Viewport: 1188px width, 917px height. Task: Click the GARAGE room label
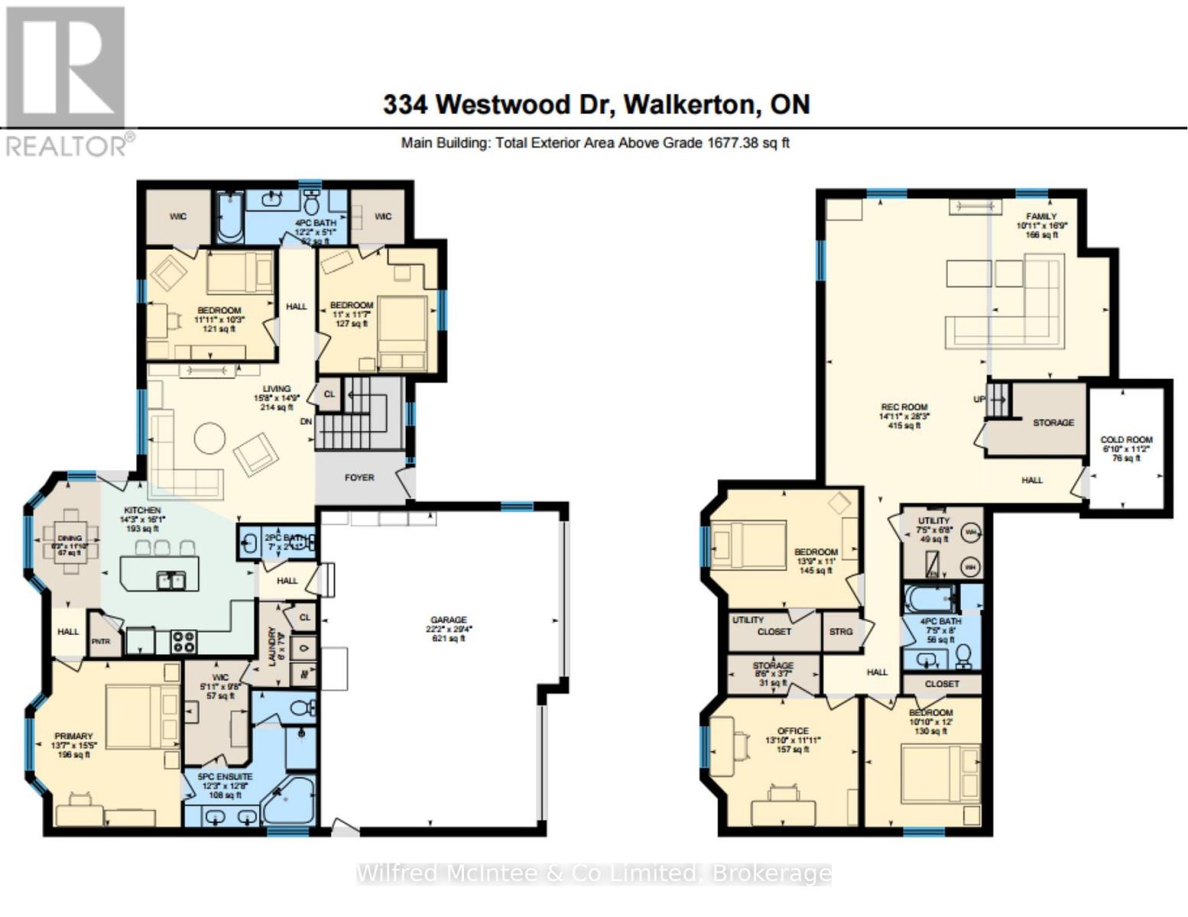(448, 621)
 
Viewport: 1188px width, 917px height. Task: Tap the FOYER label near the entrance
(359, 478)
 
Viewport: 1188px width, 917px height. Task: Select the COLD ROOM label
(1126, 440)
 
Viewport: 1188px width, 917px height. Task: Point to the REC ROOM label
(904, 407)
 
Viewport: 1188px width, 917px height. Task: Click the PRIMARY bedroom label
(73, 737)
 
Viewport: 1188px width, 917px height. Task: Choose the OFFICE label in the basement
(793, 731)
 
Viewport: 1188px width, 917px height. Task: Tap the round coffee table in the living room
(209, 439)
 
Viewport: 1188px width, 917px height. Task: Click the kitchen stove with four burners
(183, 640)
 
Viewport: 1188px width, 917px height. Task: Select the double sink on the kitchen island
(171, 581)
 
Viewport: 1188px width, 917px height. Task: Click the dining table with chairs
(70, 544)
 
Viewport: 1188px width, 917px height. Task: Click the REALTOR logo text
(67, 145)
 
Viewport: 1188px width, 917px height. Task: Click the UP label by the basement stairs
(979, 400)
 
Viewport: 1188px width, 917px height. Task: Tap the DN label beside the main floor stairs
(306, 422)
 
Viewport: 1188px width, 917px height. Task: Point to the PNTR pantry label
(101, 642)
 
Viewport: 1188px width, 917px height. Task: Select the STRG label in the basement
(841, 632)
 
